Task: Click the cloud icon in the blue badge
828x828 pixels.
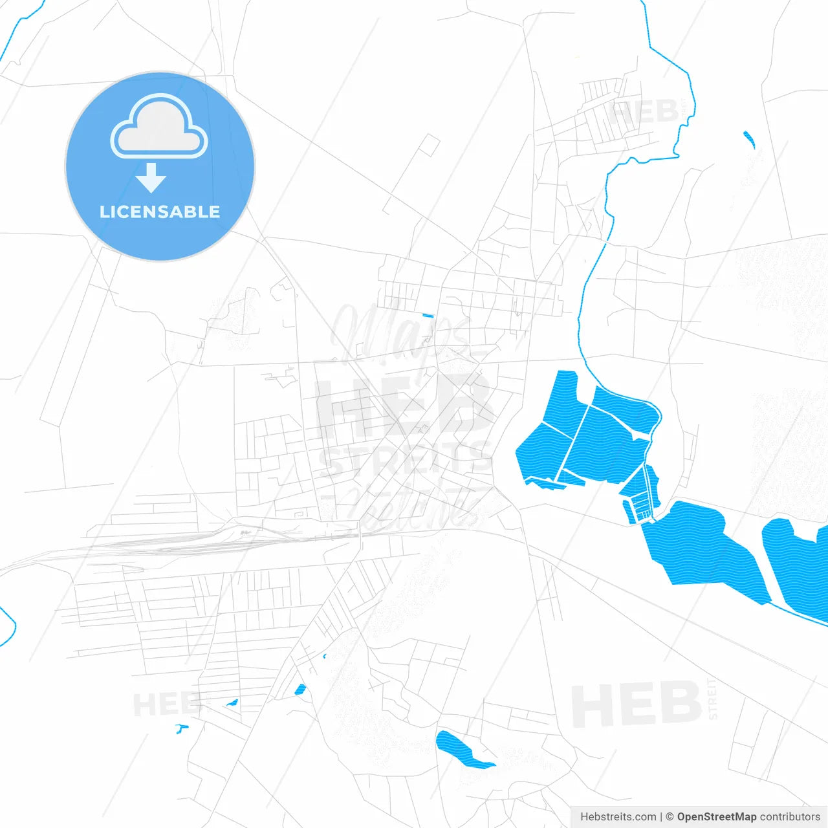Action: point(159,127)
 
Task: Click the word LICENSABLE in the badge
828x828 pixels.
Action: point(160,212)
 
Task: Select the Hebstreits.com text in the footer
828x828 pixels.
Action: point(618,817)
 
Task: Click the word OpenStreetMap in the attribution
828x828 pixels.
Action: point(716,817)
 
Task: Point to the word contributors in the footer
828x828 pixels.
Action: point(790,817)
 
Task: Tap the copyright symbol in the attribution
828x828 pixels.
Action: point(670,817)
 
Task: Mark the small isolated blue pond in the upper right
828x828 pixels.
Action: point(749,138)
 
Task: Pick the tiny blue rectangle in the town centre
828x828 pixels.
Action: point(428,316)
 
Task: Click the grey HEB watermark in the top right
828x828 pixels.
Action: point(644,113)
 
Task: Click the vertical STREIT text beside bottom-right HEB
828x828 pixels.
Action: point(713,699)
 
